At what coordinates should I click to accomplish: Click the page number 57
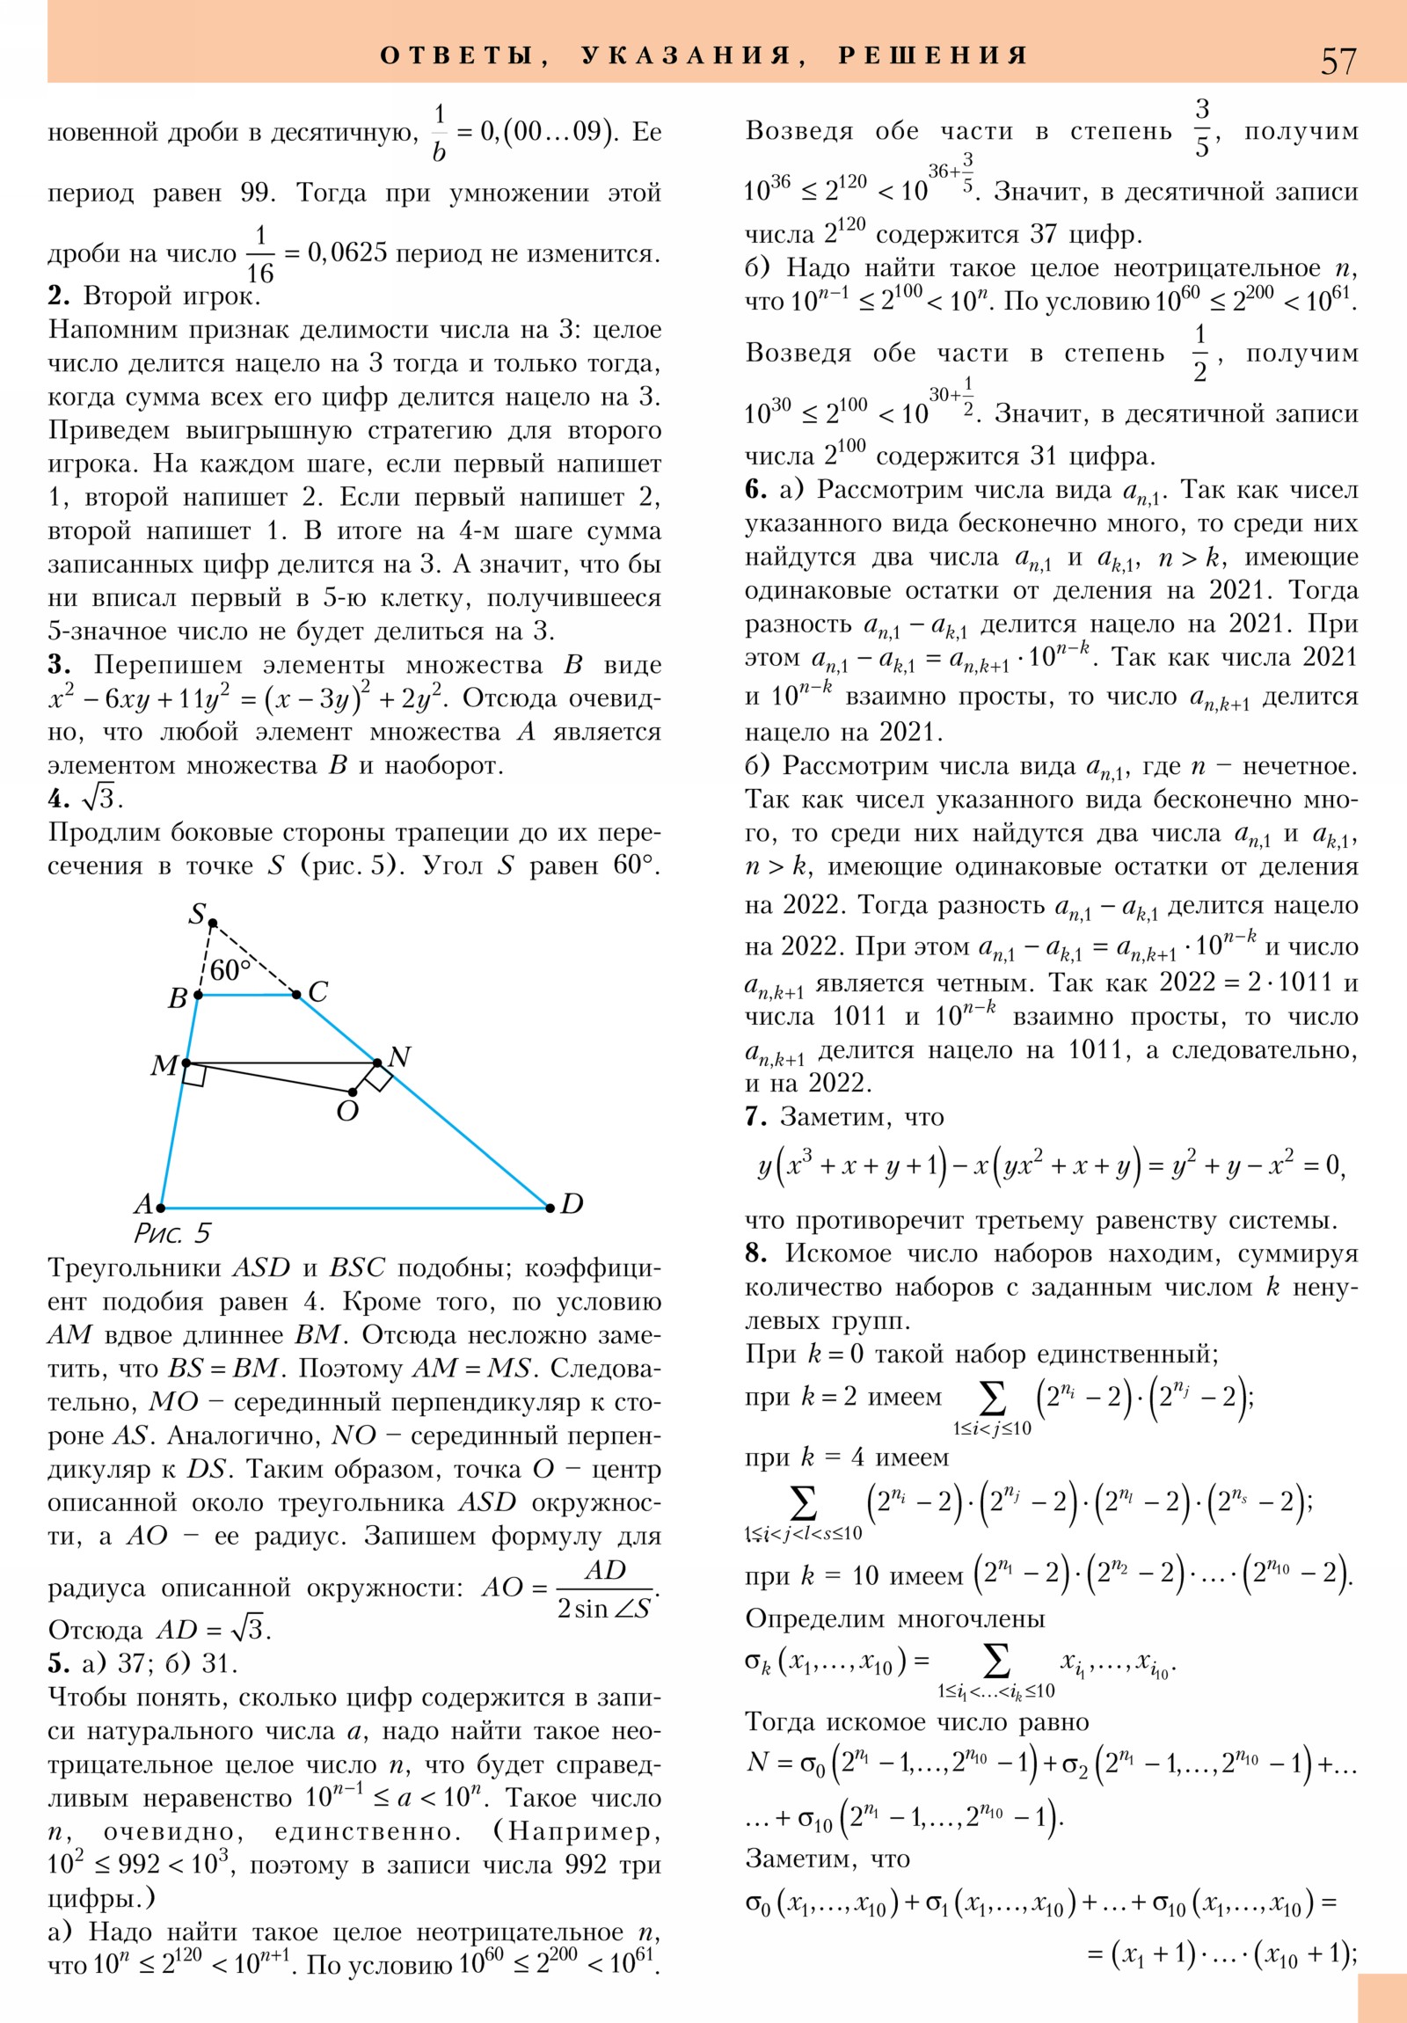1338,61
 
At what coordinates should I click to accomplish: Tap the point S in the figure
212,923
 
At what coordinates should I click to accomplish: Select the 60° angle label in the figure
230,970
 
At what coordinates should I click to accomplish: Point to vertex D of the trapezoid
550,1207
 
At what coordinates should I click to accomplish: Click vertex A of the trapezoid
160,1207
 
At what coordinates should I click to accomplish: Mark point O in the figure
353,1092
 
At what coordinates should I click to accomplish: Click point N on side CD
377,1063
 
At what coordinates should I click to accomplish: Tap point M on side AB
186,1063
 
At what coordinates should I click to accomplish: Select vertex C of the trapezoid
297,995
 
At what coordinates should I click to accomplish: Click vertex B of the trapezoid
198,995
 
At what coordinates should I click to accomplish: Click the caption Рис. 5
172,1233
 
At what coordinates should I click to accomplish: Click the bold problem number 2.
57,296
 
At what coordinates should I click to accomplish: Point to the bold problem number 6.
755,490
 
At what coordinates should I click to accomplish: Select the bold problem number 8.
755,1253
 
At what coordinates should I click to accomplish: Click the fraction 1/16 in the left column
260,254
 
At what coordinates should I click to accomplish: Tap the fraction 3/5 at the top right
1202,128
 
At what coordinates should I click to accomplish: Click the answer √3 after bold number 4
100,799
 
